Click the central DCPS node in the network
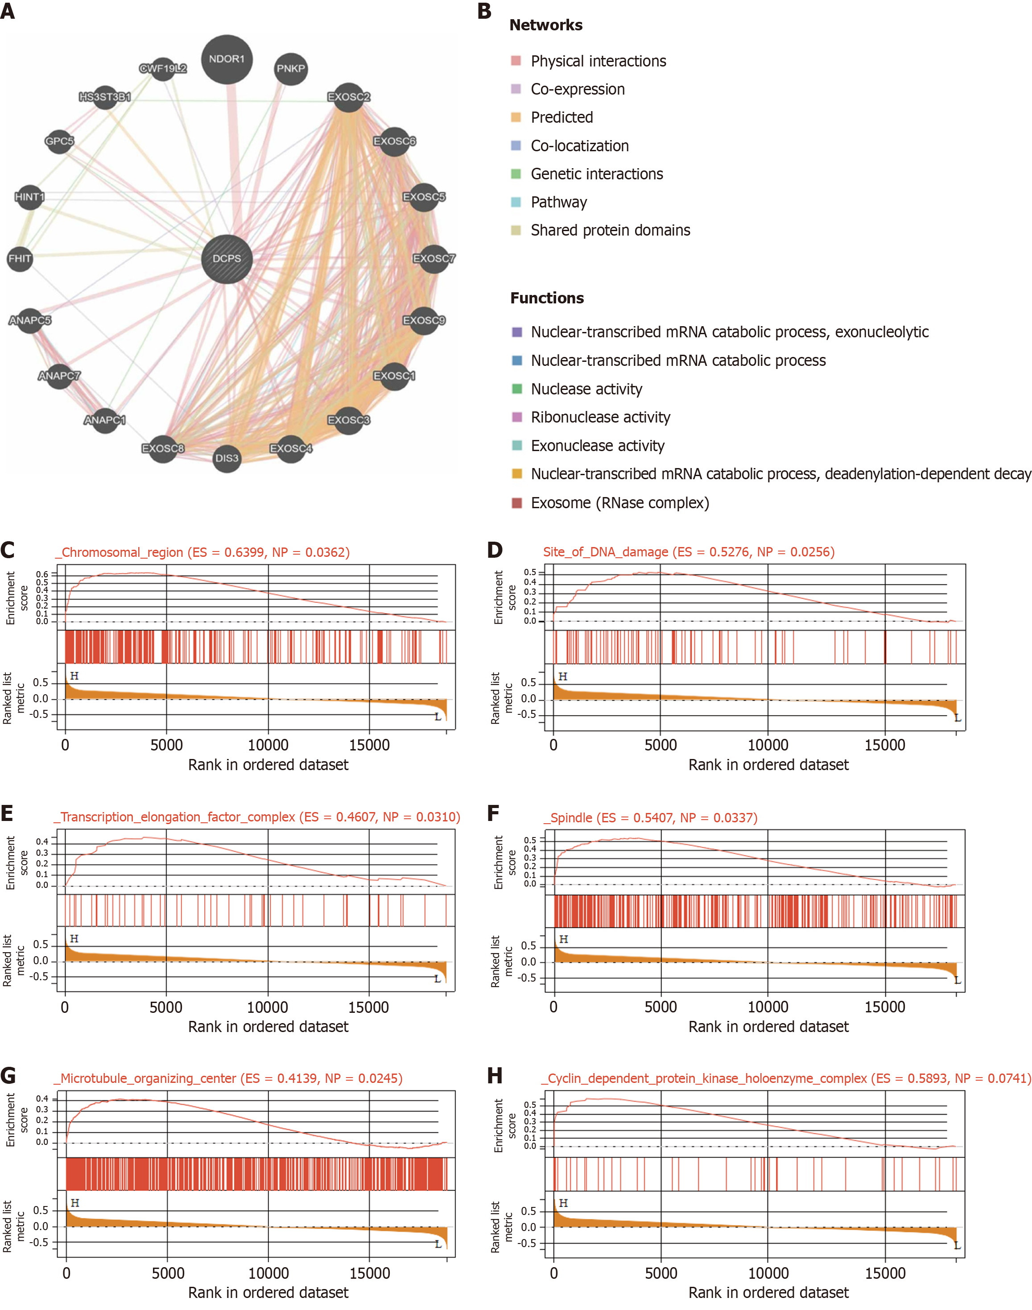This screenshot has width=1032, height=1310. point(227,259)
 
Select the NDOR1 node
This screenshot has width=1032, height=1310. point(227,59)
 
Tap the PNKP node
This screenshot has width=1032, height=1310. point(291,68)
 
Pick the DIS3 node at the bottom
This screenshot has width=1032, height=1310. point(227,458)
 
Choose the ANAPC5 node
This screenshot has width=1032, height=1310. point(29,320)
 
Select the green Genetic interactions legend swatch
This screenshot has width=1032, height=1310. point(516,174)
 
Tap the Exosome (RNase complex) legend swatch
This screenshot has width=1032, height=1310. point(516,503)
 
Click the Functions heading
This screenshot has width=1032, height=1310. point(547,298)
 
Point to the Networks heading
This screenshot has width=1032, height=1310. point(545,25)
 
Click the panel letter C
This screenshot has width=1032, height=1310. point(8,550)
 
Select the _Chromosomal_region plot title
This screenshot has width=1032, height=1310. point(202,552)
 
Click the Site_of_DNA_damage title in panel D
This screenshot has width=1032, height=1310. point(689,552)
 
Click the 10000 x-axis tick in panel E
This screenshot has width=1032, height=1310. point(267,1007)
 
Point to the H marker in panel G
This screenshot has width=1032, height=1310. point(74,1203)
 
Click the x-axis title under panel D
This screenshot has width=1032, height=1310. point(768,765)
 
